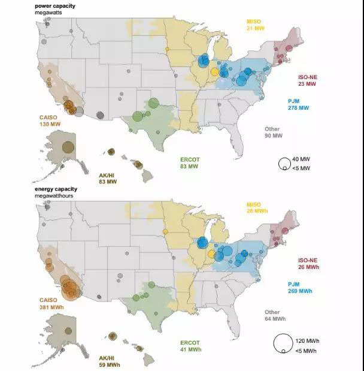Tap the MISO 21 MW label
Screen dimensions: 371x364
(254, 25)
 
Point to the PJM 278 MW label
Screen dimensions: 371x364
(298, 104)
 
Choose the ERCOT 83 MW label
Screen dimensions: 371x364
(189, 162)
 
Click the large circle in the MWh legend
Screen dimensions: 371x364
(283, 343)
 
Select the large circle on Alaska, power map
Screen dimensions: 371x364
(68, 146)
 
